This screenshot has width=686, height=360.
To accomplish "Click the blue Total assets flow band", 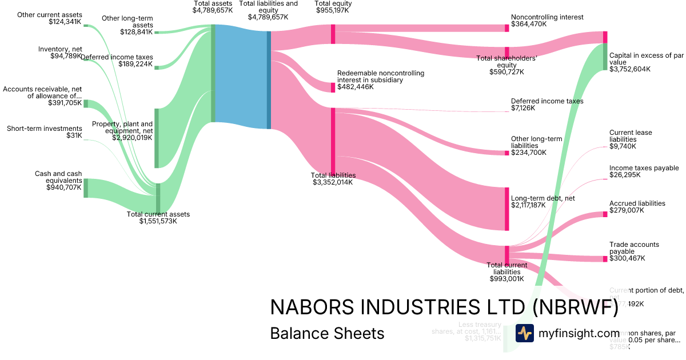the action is pos(240,74).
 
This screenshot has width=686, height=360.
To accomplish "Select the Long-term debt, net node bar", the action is pos(506,209).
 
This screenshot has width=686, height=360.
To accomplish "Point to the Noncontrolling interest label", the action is pos(547,17).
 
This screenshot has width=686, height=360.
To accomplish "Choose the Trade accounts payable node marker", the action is pos(605,259).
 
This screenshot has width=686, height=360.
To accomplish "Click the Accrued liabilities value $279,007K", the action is pos(627,210).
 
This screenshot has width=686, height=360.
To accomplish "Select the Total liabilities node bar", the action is pos(333,143).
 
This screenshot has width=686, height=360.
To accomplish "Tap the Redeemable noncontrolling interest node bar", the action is pos(333,87).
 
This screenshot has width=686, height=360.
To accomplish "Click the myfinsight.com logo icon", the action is pos(525,334).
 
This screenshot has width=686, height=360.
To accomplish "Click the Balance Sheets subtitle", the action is pos(327,333).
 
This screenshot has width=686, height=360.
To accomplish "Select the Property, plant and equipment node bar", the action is pos(157,138).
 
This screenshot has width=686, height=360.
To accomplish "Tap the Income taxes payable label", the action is pos(644,168).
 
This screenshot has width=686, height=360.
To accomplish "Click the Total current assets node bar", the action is pos(158,198).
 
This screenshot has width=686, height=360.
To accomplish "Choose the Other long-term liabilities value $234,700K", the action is pos(529,153).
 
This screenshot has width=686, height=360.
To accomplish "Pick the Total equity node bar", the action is pos(333,34).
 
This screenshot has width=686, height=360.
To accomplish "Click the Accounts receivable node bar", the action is pos(86,103).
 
